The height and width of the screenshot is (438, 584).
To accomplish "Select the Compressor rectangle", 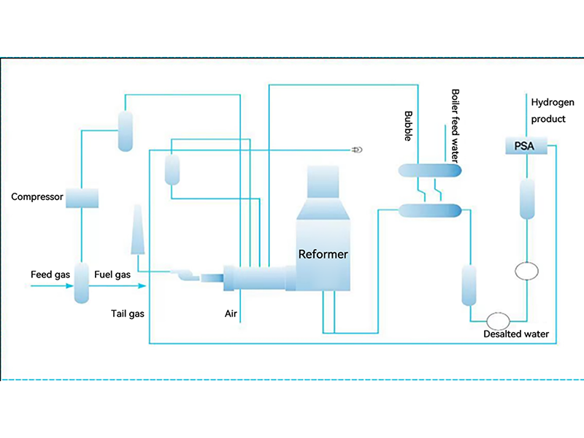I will [x=81, y=197].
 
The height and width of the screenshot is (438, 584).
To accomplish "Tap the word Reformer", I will [x=323, y=255].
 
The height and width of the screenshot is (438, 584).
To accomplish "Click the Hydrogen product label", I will [x=548, y=110].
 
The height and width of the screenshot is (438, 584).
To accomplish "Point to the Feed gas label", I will [x=50, y=274].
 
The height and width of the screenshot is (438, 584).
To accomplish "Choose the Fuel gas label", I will [x=112, y=274].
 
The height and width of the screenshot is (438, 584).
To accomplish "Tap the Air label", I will [x=232, y=314].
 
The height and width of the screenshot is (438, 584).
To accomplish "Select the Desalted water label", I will [x=516, y=334].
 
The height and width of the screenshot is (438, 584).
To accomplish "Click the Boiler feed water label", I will [x=454, y=126].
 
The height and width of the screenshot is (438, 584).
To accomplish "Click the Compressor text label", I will [x=37, y=197].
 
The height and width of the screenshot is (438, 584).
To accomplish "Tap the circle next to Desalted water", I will [x=498, y=320].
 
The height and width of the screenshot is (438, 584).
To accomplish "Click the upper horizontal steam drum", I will [x=430, y=171].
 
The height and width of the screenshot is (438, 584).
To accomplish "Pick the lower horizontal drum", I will [x=430, y=210].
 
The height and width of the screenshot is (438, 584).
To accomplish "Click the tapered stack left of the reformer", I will [x=138, y=230].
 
